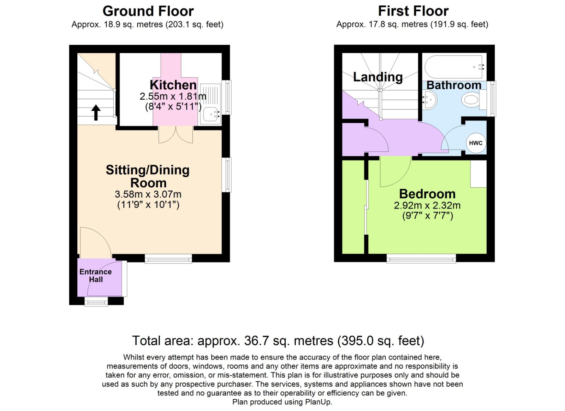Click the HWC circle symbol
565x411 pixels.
click(476, 143)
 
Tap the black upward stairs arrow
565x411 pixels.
click(96, 112)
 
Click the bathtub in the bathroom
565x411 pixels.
click(454, 67)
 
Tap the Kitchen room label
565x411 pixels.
click(173, 85)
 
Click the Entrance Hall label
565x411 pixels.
click(95, 276)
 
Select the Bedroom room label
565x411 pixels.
click(427, 194)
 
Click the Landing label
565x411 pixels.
click(378, 77)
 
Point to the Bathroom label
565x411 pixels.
click(454, 85)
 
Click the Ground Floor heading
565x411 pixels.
click(148, 11)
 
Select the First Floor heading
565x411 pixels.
click(413, 11)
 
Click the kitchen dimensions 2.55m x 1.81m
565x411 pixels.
click(173, 96)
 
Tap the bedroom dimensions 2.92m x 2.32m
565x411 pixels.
click(427, 205)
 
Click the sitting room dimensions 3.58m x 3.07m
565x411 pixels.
click(148, 194)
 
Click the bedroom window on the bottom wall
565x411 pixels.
click(421, 259)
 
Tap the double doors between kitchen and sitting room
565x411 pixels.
click(176, 135)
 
